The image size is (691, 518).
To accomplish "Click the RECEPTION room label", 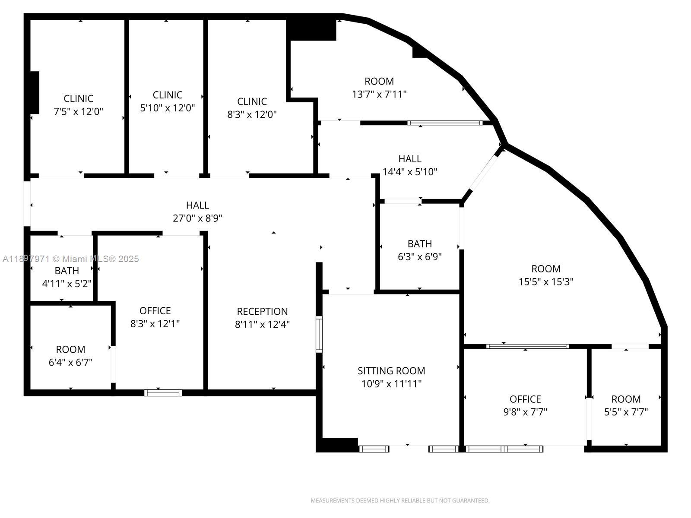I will tap(262, 311).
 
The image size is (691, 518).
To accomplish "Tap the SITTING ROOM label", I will tap(391, 371).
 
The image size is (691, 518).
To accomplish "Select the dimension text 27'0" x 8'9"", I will tap(197, 218).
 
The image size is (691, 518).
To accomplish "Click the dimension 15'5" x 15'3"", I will tap(546, 282).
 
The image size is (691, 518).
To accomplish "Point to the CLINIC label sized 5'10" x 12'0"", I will tap(168, 95).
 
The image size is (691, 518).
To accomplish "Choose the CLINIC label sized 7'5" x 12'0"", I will tap(78, 98).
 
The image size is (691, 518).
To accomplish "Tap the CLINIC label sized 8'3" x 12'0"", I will tap(252, 101).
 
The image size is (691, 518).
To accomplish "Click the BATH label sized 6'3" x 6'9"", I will tap(419, 243).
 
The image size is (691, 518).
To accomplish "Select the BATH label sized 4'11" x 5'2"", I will tap(67, 271).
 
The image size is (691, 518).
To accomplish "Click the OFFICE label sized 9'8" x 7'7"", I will tap(525, 399).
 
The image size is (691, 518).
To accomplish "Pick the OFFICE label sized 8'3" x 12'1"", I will tap(155, 311).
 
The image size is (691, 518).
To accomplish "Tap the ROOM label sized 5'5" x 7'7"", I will tap(626, 399).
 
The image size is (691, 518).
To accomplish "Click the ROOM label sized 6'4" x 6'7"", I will tap(70, 349).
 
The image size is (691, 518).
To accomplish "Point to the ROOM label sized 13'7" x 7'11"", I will tap(379, 81).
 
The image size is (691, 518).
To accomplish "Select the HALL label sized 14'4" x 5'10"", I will tap(410, 159).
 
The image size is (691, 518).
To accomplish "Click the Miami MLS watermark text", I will tap(71, 259).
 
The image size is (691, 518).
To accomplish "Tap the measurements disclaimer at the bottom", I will tap(400, 501).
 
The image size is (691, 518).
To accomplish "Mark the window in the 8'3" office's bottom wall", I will tap(163, 392).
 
